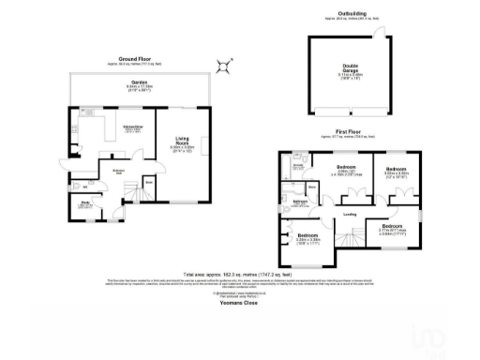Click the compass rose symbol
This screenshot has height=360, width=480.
(224, 65)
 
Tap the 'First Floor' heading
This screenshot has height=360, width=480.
(347, 133)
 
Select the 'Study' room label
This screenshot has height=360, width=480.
(83, 202)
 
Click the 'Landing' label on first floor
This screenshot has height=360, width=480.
(349, 215)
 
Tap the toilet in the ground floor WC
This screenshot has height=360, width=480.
(73, 185)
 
